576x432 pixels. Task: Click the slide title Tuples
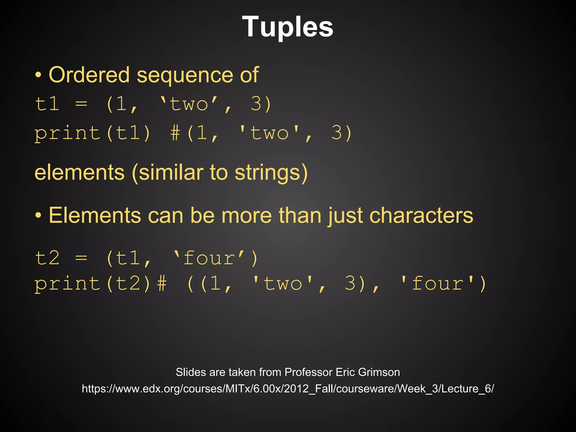pos(287,27)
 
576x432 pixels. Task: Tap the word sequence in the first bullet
pos(185,75)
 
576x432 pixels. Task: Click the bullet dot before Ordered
pos(38,75)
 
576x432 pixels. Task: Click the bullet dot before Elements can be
pos(38,216)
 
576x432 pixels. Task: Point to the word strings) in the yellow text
pos(271,173)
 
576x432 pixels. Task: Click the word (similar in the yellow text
pos(167,173)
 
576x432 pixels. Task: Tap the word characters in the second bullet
pos(421,216)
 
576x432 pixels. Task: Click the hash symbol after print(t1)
pos(175,133)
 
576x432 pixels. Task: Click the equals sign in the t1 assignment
pos(81,104)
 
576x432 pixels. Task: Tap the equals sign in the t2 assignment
pos(81,258)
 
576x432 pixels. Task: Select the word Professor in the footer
pos(309,372)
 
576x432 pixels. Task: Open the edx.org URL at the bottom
pos(288,389)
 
